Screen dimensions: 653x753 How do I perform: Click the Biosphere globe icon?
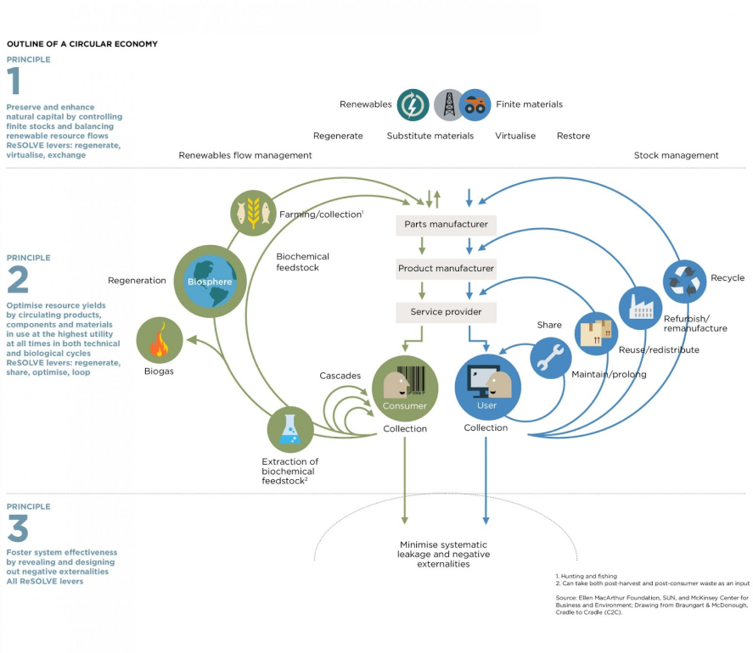point(209,282)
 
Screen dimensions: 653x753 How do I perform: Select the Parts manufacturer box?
point(446,225)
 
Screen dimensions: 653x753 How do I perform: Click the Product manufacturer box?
point(446,269)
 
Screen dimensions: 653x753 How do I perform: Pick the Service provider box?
point(446,312)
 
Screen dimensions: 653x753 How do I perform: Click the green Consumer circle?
point(404,388)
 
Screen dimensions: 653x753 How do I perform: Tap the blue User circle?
point(486,388)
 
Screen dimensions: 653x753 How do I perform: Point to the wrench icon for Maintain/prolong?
point(552,357)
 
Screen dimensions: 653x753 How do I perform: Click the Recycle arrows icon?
point(684,282)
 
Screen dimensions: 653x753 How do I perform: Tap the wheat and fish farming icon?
point(252,213)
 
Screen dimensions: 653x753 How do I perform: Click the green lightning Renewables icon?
point(413,105)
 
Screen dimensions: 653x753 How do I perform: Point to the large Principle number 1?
point(14,82)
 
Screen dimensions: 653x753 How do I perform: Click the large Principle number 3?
point(17,530)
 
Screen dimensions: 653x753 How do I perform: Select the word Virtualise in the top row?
point(515,136)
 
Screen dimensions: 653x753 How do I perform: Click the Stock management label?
point(676,155)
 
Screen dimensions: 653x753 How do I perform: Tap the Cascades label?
point(340,376)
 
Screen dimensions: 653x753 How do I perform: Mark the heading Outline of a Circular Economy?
point(81,44)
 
